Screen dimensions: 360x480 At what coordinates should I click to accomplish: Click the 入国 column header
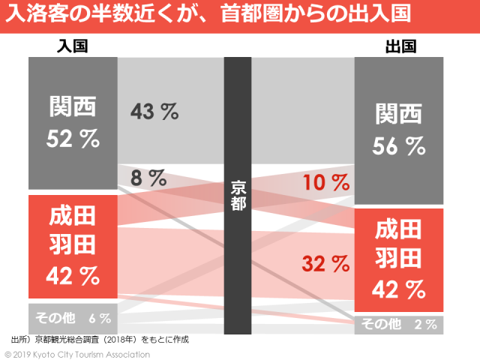pos(73,46)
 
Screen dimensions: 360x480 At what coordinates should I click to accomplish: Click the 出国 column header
pos(400,46)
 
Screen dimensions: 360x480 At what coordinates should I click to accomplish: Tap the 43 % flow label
pos(154,112)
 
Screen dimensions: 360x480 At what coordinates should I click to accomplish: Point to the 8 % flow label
pos(148,178)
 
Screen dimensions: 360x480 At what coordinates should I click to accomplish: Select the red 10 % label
pos(326,182)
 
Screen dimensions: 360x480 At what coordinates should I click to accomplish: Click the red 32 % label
pos(326,263)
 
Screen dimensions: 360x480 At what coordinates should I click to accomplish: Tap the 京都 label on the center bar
pos(238,194)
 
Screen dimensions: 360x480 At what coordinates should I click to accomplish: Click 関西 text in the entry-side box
pos(73,108)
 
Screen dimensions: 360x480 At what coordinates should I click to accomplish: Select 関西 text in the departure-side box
pos(400,114)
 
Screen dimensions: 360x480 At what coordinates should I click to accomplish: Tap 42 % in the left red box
pos(73,276)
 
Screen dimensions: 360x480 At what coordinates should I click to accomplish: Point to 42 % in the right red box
pos(400,289)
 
